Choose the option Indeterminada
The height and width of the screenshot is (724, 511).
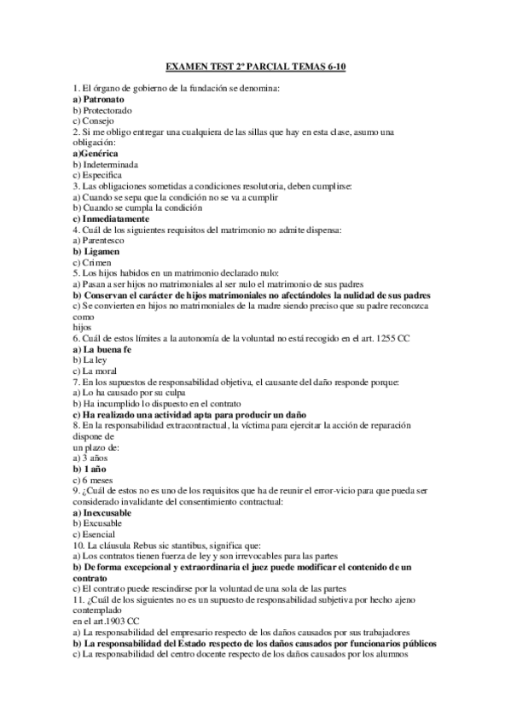click(x=106, y=163)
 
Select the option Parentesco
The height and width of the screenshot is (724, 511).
click(x=102, y=240)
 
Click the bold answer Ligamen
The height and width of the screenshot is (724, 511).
click(x=96, y=251)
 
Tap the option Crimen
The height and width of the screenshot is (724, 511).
click(x=93, y=262)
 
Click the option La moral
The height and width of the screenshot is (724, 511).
click(x=96, y=371)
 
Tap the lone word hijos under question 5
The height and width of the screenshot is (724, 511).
click(x=83, y=326)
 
